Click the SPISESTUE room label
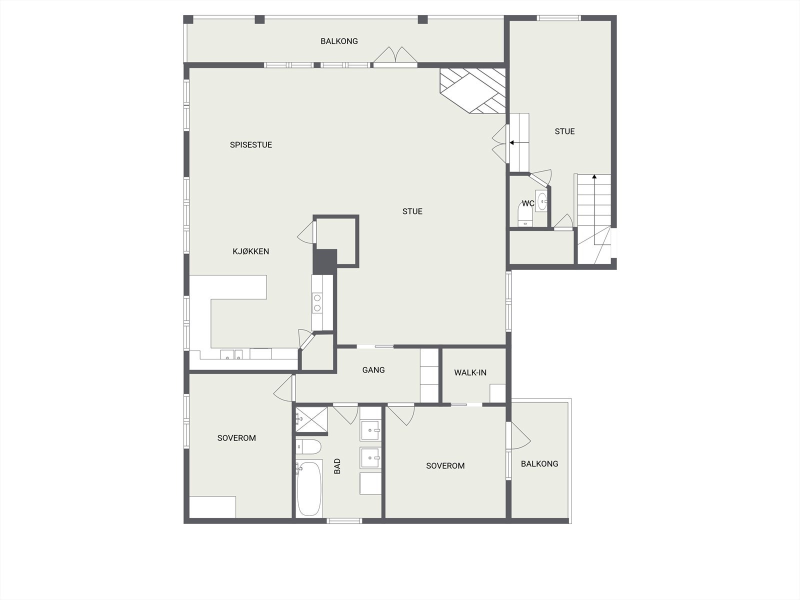[251, 145]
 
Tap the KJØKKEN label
[251, 251]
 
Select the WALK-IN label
[470, 372]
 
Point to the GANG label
[373, 370]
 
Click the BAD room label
[337, 466]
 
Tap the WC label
[528, 203]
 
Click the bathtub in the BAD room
[308, 488]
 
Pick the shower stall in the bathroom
[311, 418]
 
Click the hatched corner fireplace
[472, 90]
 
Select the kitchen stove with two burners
[317, 303]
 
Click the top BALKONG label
[339, 41]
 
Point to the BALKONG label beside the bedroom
[539, 463]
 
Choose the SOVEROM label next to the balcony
[445, 465]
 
